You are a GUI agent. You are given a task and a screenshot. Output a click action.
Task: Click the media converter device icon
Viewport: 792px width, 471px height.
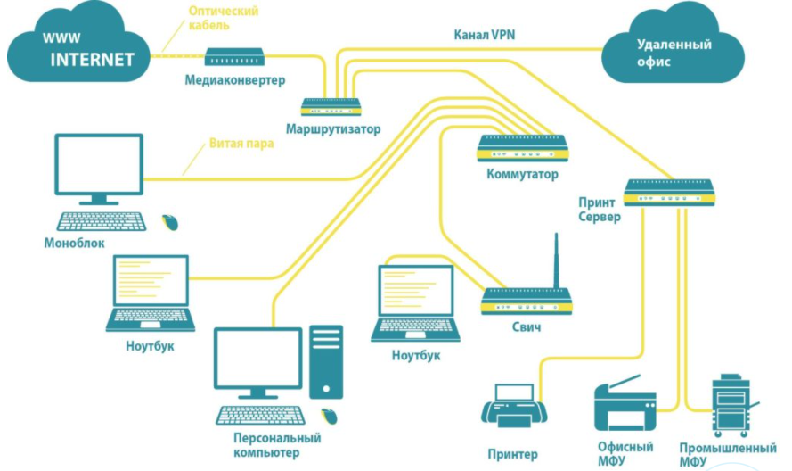coord(234,57)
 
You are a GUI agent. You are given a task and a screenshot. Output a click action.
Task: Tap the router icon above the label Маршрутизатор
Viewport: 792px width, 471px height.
coord(331,106)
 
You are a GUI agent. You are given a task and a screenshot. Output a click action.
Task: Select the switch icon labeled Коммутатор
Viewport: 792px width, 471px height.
coord(522,148)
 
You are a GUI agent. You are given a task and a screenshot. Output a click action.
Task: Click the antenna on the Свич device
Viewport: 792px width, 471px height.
coord(556,260)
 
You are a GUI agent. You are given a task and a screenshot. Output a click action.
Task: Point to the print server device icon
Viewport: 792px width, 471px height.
coord(669,193)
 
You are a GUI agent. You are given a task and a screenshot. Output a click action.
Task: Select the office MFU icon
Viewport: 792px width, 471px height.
coord(625,403)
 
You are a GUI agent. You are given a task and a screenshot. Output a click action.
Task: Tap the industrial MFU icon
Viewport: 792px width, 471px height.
coord(733,406)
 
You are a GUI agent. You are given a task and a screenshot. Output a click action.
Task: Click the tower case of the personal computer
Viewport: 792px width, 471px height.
coord(326,361)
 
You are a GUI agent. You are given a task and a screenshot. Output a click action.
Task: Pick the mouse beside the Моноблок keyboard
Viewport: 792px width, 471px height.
coord(169,222)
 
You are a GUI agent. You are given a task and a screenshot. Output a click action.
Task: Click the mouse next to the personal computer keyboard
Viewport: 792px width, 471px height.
coord(329,416)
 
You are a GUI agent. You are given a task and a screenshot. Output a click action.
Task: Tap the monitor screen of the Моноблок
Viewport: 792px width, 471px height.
coord(99,164)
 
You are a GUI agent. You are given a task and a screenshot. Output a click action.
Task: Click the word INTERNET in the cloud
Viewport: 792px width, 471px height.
coord(92,60)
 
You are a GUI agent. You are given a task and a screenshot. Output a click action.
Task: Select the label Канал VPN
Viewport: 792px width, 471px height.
coord(485,35)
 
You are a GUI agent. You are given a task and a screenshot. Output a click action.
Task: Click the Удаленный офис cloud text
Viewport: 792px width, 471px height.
coord(674,53)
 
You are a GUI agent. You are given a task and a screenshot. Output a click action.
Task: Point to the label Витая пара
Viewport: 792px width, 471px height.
coord(241,143)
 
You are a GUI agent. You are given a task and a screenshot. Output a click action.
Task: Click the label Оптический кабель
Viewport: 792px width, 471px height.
coord(224,18)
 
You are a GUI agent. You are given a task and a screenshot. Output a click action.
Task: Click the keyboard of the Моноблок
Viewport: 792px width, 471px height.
coord(102,221)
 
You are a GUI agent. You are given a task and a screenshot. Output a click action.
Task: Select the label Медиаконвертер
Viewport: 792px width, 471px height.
coord(235,80)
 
